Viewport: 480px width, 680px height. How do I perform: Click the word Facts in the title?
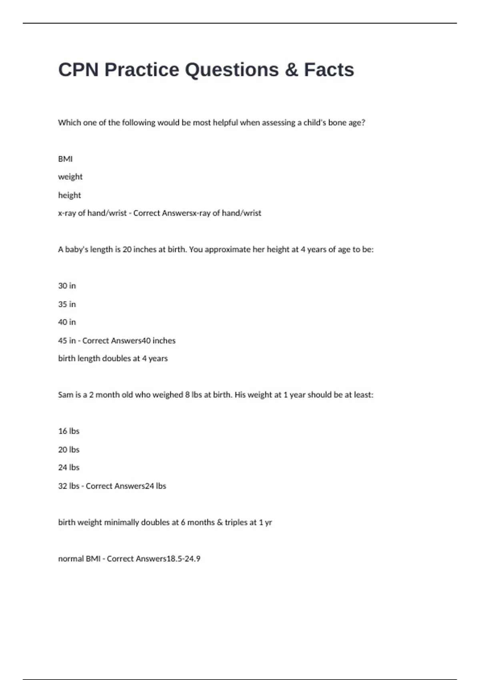tap(329, 70)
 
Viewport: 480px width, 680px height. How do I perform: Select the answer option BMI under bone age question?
tap(65, 159)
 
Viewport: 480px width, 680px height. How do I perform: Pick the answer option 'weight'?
tap(70, 177)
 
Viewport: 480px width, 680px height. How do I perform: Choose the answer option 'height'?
tap(69, 195)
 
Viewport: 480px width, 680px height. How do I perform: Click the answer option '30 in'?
tap(67, 286)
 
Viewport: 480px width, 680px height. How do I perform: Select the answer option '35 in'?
tap(67, 304)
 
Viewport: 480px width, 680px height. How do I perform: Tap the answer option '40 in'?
tap(67, 322)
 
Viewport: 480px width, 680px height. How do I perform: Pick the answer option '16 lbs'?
tap(69, 431)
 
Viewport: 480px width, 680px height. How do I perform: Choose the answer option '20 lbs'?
tap(69, 449)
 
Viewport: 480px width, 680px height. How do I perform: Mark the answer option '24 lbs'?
tap(69, 467)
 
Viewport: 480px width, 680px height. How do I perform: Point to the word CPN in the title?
tap(78, 70)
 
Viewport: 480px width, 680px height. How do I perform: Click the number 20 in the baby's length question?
tap(127, 249)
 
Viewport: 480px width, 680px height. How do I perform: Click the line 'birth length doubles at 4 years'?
tap(113, 358)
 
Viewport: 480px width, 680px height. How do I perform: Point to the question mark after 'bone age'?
tap(363, 122)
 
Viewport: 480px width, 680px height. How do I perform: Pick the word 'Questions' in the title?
tap(232, 70)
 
